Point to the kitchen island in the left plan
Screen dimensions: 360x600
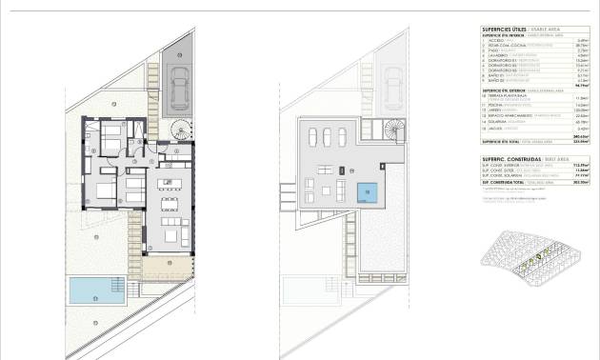click(172, 183)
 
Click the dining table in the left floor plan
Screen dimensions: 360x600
click(169, 203)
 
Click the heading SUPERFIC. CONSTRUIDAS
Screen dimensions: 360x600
click(491, 159)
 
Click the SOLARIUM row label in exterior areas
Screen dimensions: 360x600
click(479, 124)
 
